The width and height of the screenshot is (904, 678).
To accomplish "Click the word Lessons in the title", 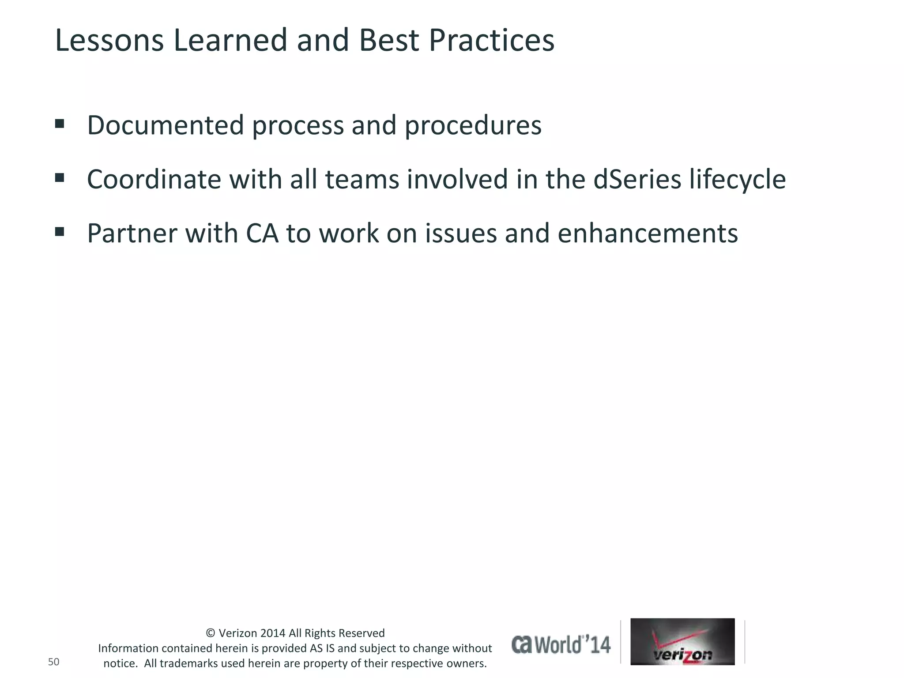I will tap(109, 41).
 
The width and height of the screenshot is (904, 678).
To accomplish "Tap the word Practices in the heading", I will tap(491, 41).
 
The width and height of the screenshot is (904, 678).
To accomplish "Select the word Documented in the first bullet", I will tap(165, 125).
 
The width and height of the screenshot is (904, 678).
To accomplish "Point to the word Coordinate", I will tap(154, 180).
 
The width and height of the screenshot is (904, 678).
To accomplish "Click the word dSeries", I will tap(637, 180).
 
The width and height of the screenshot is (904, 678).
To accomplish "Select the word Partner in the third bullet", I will tap(131, 234).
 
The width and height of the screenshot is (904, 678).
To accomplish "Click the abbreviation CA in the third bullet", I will tap(262, 234).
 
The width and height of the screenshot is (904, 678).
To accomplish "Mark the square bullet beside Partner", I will tap(60, 231).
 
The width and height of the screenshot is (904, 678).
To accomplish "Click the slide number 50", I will tap(53, 662).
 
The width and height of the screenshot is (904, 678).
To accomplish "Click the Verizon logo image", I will tap(682, 641).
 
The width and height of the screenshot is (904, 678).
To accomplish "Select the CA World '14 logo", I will tap(561, 644).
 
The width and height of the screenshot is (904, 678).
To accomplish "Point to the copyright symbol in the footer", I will tap(211, 633).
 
